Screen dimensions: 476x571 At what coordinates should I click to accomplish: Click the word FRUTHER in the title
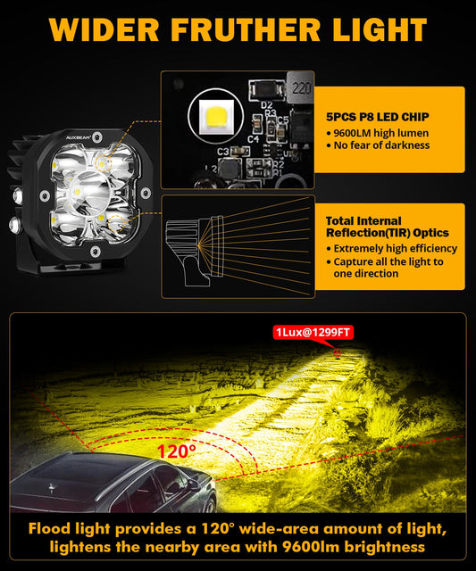(x=246, y=29)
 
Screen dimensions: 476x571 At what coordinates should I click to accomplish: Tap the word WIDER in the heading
(x=104, y=29)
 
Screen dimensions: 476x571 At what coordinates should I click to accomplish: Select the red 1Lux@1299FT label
(x=313, y=332)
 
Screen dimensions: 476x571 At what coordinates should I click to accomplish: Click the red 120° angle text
(x=177, y=451)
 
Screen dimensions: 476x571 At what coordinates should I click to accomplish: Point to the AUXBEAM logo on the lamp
(x=79, y=137)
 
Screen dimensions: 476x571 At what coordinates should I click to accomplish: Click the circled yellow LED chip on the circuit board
(x=216, y=116)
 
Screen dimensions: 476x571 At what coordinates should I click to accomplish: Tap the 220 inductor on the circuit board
(x=301, y=87)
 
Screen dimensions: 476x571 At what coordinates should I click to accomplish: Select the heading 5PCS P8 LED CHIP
(x=377, y=117)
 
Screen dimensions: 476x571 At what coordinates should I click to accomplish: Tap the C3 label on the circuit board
(x=223, y=152)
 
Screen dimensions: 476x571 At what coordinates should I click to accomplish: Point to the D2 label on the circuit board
(x=266, y=106)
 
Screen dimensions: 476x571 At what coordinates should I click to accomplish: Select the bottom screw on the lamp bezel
(x=96, y=251)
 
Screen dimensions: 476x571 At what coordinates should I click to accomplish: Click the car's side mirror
(x=194, y=484)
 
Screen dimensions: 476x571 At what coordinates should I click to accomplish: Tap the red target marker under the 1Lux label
(x=338, y=353)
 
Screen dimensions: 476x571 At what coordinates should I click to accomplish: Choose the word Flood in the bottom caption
(x=49, y=528)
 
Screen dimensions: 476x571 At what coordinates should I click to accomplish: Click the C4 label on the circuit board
(x=254, y=139)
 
